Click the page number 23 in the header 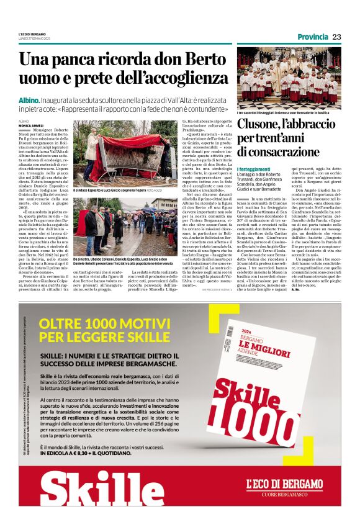pos(336,37)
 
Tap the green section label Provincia pos(313,37)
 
